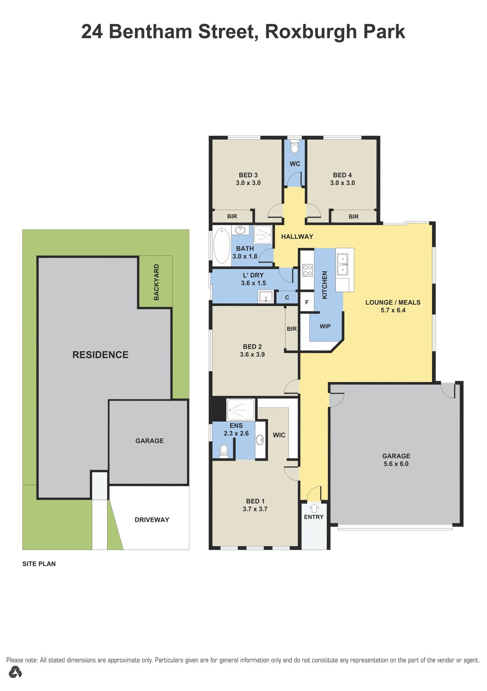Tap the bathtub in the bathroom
222,245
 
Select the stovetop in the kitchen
308,270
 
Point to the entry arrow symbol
314,508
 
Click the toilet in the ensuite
224,451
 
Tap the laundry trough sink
265,297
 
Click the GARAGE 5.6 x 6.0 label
396,460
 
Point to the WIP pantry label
325,326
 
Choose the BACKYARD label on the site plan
156,282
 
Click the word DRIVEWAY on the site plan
152,520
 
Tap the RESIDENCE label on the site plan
100,355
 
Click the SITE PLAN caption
39,564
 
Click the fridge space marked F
307,302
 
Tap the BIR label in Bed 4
354,217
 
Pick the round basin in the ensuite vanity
260,440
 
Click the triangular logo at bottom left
15,672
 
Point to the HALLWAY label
297,237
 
